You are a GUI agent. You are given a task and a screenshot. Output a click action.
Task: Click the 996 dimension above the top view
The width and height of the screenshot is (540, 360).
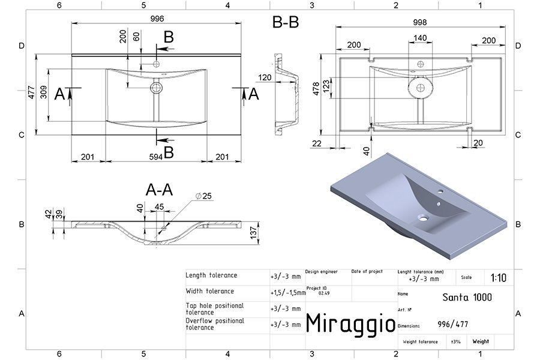157,19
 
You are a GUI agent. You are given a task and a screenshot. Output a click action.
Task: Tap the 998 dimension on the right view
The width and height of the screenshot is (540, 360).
420,22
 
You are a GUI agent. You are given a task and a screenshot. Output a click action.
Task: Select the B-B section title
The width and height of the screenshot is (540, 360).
286,22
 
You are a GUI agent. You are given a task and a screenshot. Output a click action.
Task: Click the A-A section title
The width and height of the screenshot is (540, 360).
159,190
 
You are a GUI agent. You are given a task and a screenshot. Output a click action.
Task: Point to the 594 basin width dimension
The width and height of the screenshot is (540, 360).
156,157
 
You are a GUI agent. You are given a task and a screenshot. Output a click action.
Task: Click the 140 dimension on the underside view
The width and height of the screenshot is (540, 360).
420,38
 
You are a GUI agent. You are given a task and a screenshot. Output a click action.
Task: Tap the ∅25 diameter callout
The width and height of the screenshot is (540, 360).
203,196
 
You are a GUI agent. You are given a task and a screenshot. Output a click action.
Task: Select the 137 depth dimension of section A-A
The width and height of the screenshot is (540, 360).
254,233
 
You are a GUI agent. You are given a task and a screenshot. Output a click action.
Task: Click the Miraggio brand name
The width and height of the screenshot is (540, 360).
350,323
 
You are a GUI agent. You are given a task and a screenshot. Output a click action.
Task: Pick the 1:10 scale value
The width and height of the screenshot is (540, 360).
499,278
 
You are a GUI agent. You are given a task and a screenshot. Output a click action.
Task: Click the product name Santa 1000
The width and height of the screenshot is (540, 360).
467,297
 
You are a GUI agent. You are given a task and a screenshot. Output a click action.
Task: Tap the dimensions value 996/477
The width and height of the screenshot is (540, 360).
453,324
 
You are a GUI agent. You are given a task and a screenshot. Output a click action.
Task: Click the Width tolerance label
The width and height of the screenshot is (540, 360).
210,291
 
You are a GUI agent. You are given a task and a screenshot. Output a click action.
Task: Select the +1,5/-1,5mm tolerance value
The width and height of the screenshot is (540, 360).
288,293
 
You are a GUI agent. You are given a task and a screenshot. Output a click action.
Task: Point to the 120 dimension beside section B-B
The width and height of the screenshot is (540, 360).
265,77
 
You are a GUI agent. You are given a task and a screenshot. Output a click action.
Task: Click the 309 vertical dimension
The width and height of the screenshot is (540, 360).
44,92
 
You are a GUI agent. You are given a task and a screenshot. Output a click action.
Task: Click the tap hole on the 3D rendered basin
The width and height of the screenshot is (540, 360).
440,191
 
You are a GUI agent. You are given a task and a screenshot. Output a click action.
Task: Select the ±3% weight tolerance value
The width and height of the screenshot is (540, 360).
455,342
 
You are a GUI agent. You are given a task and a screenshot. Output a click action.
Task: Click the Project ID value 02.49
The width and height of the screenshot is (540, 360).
324,293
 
